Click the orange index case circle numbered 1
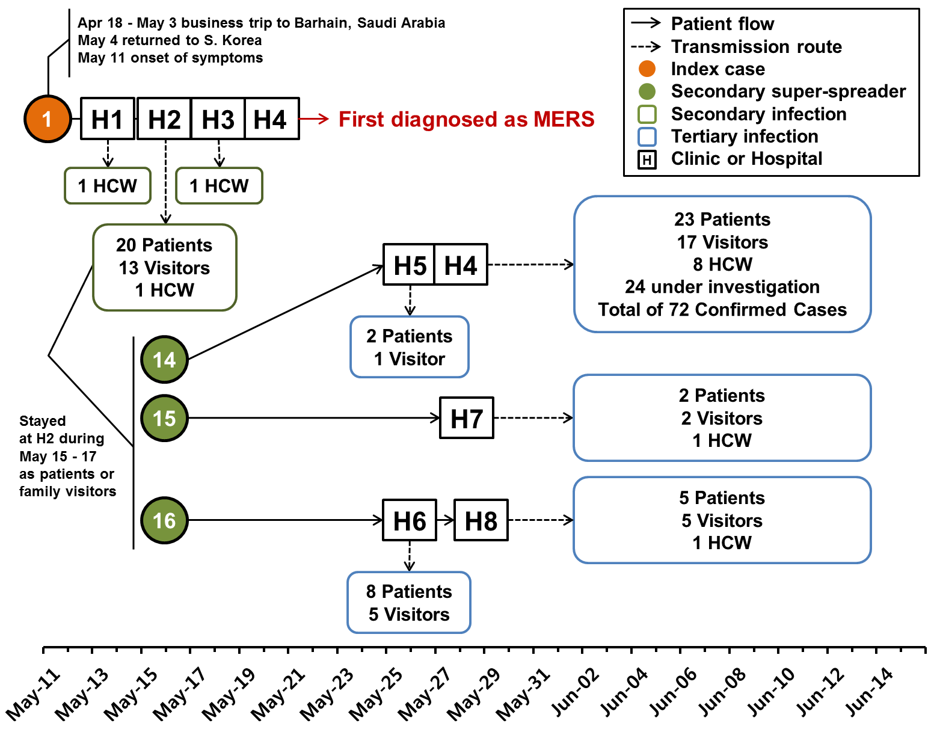pos(48,119)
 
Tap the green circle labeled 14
pos(164,360)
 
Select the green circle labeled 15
pos(164,418)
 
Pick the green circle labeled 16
pos(164,520)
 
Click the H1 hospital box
pos(108,119)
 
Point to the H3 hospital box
pos(218,119)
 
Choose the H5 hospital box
pos(410,265)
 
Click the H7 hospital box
pos(467,418)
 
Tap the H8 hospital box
pos(481,520)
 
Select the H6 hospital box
pos(410,520)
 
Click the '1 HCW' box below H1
pos(108,186)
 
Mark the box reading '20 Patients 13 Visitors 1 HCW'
pos(165,268)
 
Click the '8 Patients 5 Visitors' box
pos(409,603)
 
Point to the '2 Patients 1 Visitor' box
pos(410,347)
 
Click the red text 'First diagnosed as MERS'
pos(466,119)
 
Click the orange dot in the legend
pos(647,69)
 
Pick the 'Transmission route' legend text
pos(756,46)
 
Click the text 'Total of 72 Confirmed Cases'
pos(722,310)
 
